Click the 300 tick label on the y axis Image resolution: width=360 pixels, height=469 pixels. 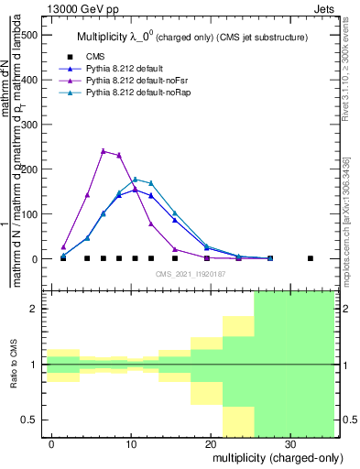30,125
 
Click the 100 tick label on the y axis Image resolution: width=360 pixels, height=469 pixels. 30,214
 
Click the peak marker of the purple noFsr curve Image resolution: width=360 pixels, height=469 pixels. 104,151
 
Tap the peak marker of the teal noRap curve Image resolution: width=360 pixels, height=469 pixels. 136,180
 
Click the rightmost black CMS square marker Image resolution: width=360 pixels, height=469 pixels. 311,258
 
